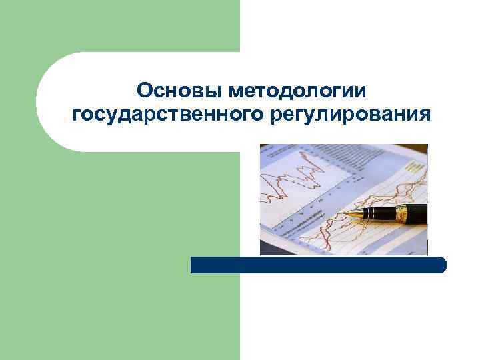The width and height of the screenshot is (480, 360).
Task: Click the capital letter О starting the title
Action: (143, 91)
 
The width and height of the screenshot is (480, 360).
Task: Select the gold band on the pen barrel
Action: (401, 213)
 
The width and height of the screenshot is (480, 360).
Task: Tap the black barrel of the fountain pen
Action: (417, 213)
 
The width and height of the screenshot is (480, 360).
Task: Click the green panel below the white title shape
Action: (120, 253)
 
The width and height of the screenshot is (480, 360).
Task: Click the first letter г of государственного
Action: (75, 115)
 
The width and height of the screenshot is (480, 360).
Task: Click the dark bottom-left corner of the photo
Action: (263, 251)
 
